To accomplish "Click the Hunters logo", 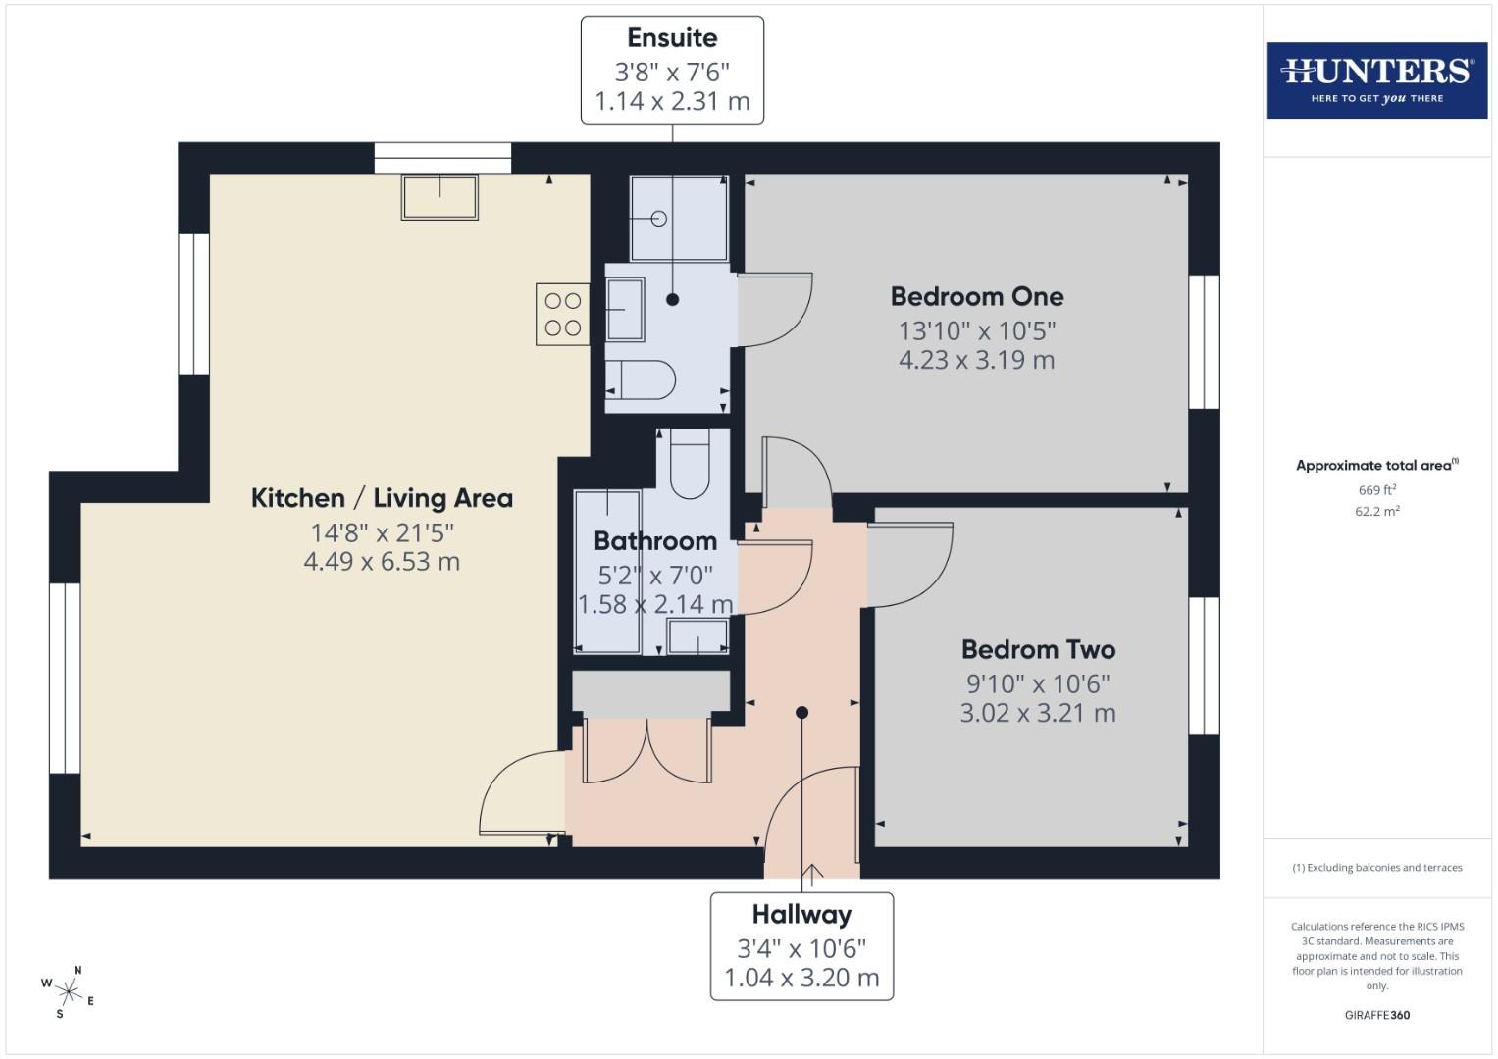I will [1376, 79].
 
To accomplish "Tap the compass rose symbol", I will [68, 990].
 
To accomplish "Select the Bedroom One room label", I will [976, 296].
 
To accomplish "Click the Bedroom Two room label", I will [1038, 649].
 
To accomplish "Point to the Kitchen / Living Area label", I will [382, 498].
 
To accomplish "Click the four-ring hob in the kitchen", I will [562, 314].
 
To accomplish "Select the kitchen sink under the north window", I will [439, 196].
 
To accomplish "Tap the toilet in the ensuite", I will [641, 379].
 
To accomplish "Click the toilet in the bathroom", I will [690, 467].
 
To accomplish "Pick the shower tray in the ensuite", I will [678, 218].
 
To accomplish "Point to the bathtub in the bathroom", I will [606, 571].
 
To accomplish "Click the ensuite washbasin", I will [625, 310].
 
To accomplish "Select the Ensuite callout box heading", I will [672, 38].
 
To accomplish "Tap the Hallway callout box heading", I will [801, 914].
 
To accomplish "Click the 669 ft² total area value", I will [1376, 490].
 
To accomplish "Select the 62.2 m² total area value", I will [1376, 511].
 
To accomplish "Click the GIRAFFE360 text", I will [1376, 1015].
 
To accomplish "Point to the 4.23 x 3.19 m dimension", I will [976, 360].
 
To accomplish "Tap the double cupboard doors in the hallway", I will [647, 751].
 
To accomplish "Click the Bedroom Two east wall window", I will [1204, 666].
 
